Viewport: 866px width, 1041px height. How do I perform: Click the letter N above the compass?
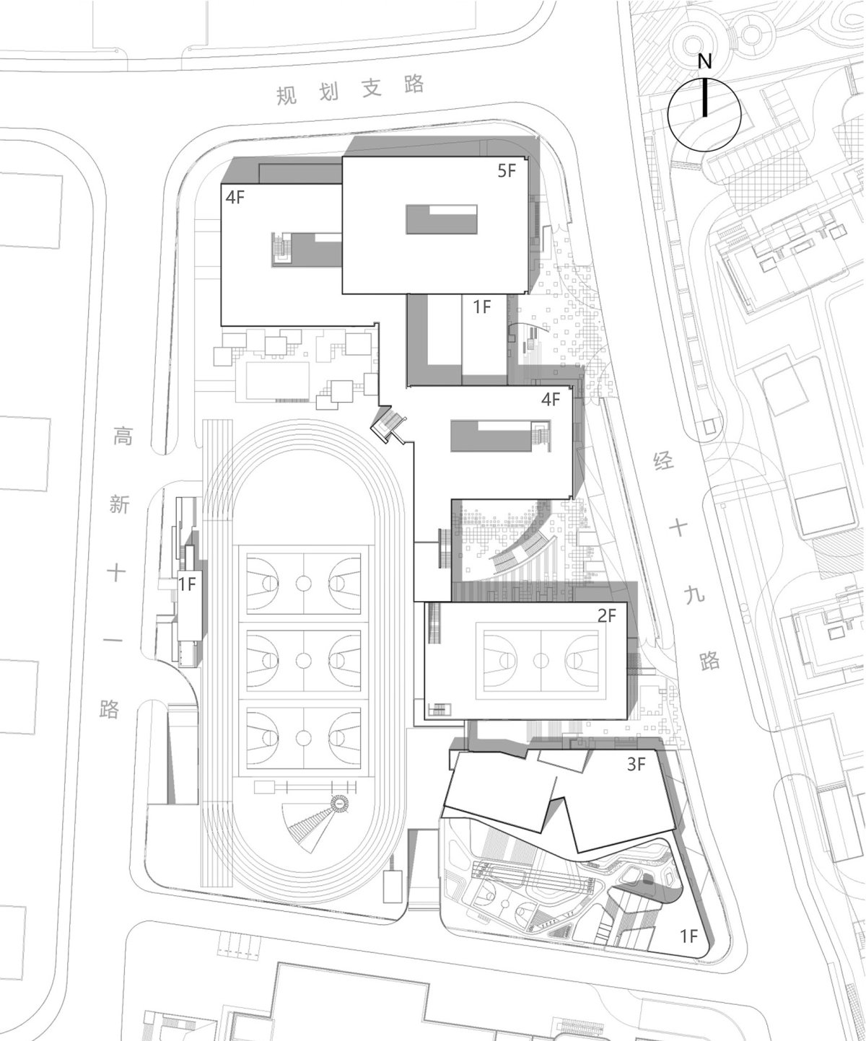point(704,62)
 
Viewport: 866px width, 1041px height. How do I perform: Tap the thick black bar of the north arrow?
point(704,97)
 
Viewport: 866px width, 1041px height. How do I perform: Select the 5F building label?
point(506,172)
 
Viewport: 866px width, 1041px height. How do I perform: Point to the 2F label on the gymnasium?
point(607,616)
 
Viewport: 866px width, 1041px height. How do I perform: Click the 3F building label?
point(636,764)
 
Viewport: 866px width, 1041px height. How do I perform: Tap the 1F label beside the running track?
point(188,584)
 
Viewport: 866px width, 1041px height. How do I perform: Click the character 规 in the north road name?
point(287,95)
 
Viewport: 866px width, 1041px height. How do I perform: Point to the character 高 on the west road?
point(123,436)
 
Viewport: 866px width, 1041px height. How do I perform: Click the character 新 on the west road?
point(120,504)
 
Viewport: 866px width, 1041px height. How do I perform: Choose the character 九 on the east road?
point(694,594)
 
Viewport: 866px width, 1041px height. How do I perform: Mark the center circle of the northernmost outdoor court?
point(303,582)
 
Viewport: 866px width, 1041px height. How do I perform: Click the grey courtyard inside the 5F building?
point(441,220)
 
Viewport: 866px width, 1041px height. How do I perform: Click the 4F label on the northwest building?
point(235,198)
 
